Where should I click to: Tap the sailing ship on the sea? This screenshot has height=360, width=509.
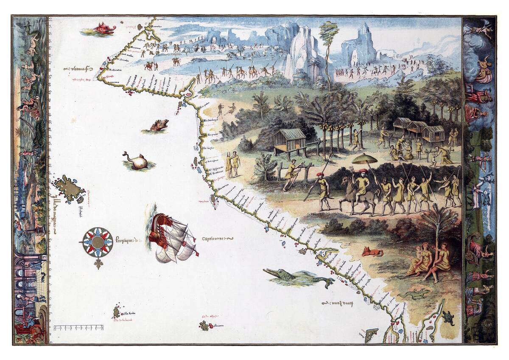tap(172, 237)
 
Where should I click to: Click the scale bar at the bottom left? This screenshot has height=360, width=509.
tap(79, 328)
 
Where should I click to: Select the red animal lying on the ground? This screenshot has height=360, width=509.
tap(372, 252)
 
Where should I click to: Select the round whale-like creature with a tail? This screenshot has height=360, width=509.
tap(137, 161)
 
